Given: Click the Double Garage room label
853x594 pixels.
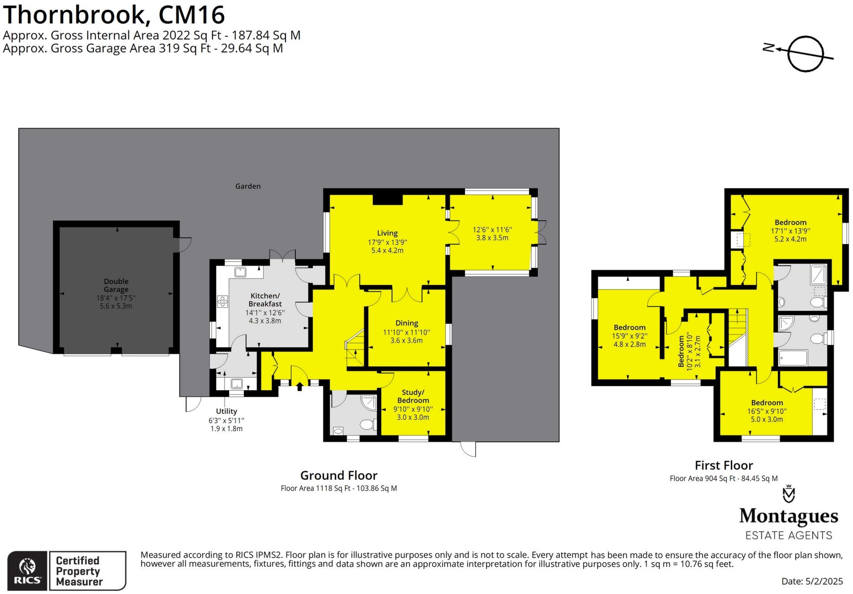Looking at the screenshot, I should point(116,285).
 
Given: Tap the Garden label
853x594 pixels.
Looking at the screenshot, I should point(248,186).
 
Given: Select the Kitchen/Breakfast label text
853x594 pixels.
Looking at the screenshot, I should point(265,299).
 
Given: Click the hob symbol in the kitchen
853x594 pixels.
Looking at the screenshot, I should point(222,301).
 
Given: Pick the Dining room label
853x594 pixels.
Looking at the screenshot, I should point(406,323).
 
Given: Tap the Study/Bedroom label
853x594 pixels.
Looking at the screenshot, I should point(413,396).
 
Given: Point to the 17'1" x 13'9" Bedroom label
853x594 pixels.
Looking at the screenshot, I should point(790,222).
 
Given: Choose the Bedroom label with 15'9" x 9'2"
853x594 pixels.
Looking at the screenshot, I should point(629,327).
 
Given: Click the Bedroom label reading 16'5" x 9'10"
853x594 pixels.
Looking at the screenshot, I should point(767,403).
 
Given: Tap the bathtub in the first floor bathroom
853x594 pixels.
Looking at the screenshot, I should point(793,357).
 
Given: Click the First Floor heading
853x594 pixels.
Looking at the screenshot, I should point(724,465).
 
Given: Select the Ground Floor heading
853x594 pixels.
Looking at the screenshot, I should point(339,475).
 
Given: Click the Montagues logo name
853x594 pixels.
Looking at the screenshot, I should point(789,516).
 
